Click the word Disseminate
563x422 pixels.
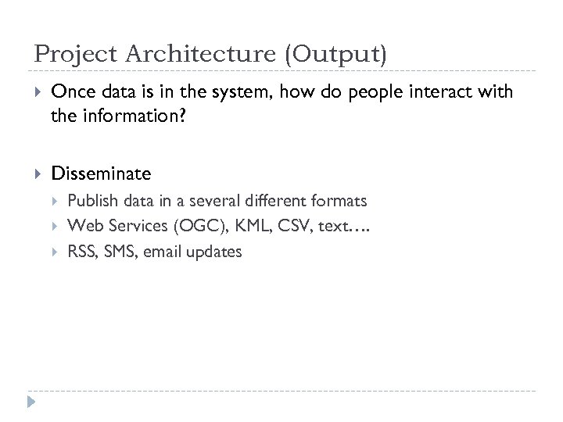coord(101,173)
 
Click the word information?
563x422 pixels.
coord(127,116)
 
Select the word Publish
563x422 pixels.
coord(91,201)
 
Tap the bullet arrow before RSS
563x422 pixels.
coord(56,252)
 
